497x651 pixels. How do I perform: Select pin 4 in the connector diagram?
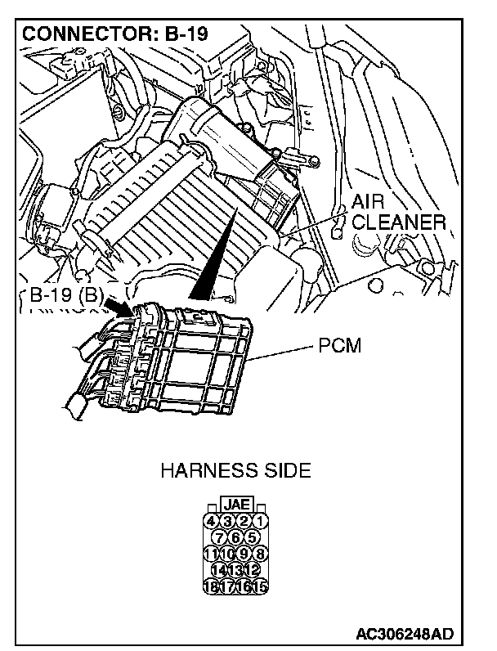coord(211,521)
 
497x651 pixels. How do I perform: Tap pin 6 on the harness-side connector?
coord(235,537)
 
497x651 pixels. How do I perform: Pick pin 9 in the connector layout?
coord(244,553)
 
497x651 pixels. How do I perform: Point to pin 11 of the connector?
coord(211,553)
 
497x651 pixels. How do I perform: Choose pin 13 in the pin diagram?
coord(235,569)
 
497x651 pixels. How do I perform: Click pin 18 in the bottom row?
coord(211,586)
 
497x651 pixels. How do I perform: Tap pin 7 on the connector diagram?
coord(219,537)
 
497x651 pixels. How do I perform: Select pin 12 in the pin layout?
coord(252,569)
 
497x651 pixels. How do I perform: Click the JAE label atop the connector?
coord(235,505)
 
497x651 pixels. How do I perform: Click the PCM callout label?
coord(335,347)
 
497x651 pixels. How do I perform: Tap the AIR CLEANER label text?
coord(397,212)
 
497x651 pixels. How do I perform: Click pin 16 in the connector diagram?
coord(244,586)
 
